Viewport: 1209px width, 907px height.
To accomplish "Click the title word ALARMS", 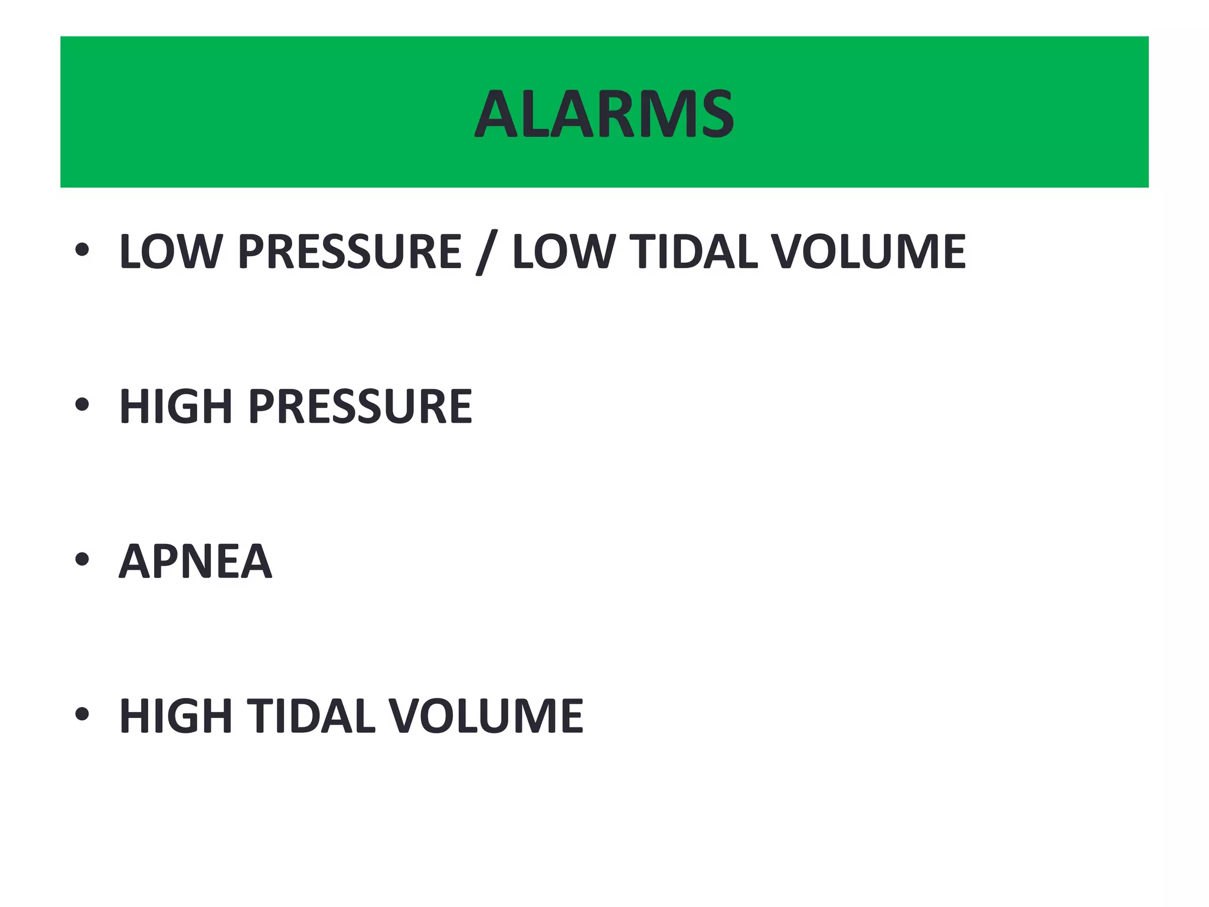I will tap(604, 114).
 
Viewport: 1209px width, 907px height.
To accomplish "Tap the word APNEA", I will tap(195, 561).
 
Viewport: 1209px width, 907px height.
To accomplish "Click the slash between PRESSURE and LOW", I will tap(486, 253).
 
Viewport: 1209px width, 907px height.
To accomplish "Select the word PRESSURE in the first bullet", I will tap(349, 252).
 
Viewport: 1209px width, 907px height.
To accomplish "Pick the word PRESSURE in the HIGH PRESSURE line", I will tap(360, 406).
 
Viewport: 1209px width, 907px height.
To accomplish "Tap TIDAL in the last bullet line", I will tap(311, 716).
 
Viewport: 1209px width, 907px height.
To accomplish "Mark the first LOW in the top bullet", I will tap(169, 252).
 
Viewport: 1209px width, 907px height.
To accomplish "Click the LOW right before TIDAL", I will tap(563, 252).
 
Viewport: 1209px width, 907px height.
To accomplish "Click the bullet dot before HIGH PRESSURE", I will tap(82, 404).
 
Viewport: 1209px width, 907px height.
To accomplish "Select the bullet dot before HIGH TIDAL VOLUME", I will tap(82, 714).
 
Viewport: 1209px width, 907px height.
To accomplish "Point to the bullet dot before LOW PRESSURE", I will tap(82, 250).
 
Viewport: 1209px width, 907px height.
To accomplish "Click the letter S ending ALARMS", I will tap(714, 114).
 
